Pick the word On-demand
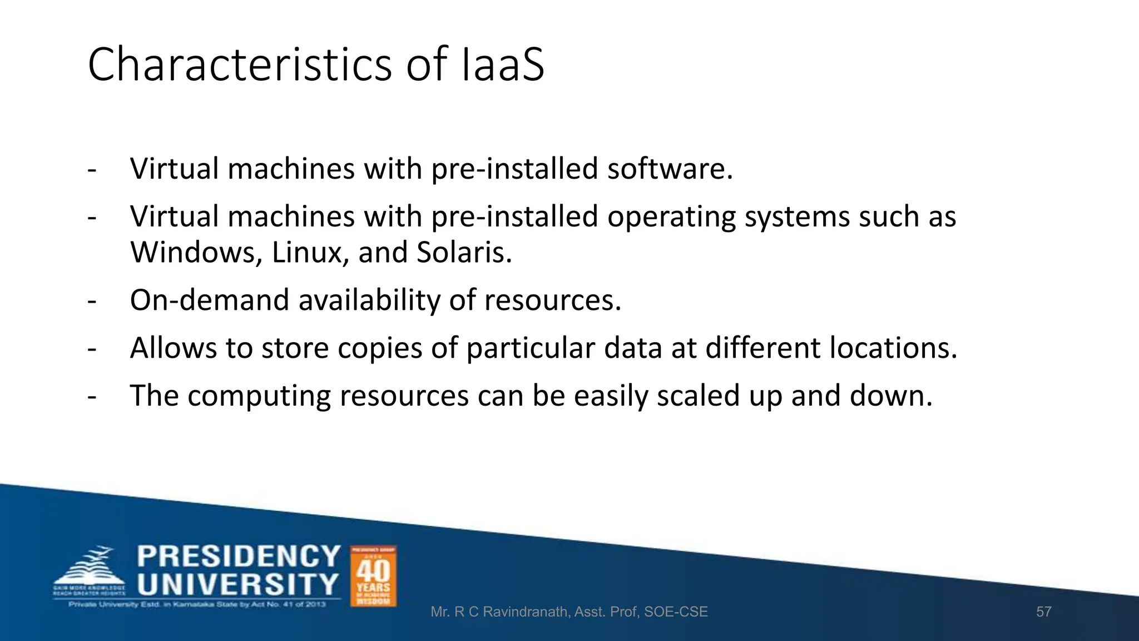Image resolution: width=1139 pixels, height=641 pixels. click(x=210, y=300)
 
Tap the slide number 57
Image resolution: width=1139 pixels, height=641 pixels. click(x=1043, y=612)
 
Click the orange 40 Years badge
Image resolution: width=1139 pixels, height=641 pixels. click(x=373, y=576)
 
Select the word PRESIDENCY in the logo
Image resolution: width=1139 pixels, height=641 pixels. click(x=239, y=556)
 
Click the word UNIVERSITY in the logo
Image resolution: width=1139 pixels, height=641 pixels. click(x=238, y=585)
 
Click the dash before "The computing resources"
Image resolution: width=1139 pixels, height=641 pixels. click(x=92, y=396)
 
